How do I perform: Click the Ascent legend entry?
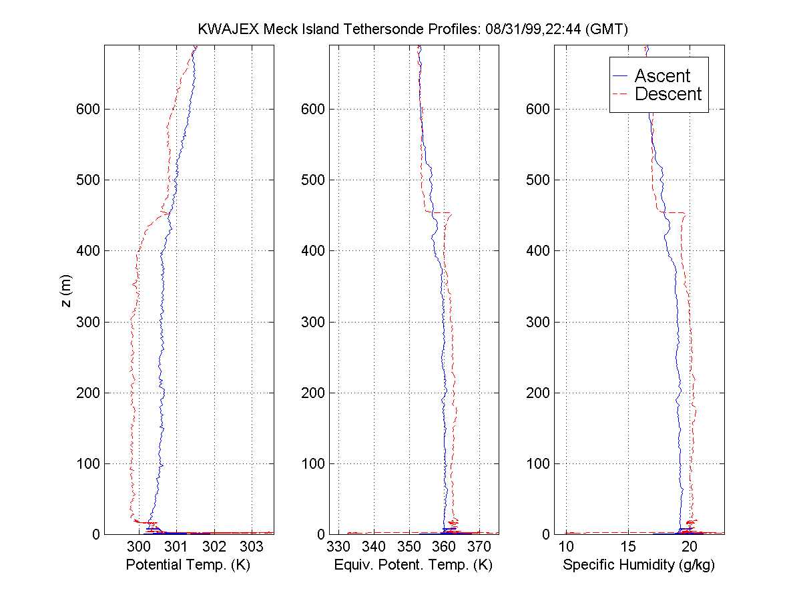coord(661,75)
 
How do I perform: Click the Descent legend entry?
coord(667,94)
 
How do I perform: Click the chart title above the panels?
coord(413,29)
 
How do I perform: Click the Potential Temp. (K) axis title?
coord(188,565)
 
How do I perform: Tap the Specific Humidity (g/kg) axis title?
coord(639,565)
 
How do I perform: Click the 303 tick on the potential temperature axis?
coord(252,547)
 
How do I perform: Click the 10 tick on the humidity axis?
coord(566,547)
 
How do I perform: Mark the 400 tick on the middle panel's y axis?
coord(313,251)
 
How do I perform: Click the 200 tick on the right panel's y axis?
coord(538,393)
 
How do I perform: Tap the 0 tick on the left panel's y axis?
coord(96,534)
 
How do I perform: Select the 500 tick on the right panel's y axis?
coord(538,180)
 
